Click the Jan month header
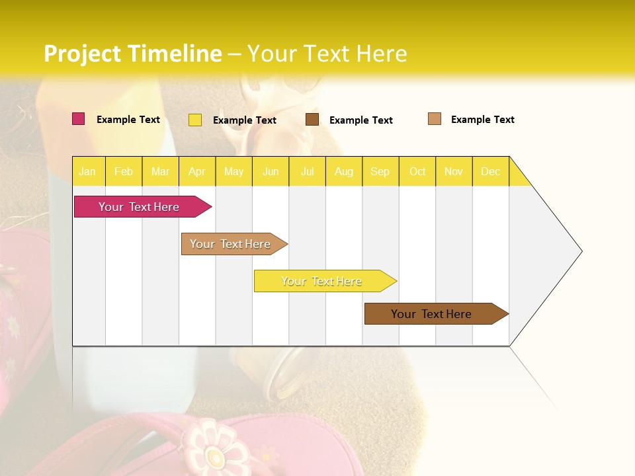pyautogui.click(x=88, y=171)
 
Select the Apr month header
pyautogui.click(x=197, y=171)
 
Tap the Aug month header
pyautogui.click(x=344, y=171)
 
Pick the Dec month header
pyautogui.click(x=490, y=171)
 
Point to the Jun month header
pyautogui.click(x=271, y=171)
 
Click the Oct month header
pyautogui.click(x=417, y=171)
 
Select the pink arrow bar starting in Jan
pyautogui.click(x=139, y=207)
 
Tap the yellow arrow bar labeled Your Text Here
pyautogui.click(x=321, y=281)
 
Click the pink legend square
pyautogui.click(x=78, y=119)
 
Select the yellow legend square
pyautogui.click(x=195, y=120)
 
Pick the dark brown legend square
pyautogui.click(x=312, y=120)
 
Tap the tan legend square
pyautogui.click(x=435, y=119)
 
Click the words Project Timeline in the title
pyautogui.click(x=132, y=54)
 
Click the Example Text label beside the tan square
pyautogui.click(x=482, y=120)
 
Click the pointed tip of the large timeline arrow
pyautogui.click(x=581, y=251)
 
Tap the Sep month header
pyautogui.click(x=380, y=171)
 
